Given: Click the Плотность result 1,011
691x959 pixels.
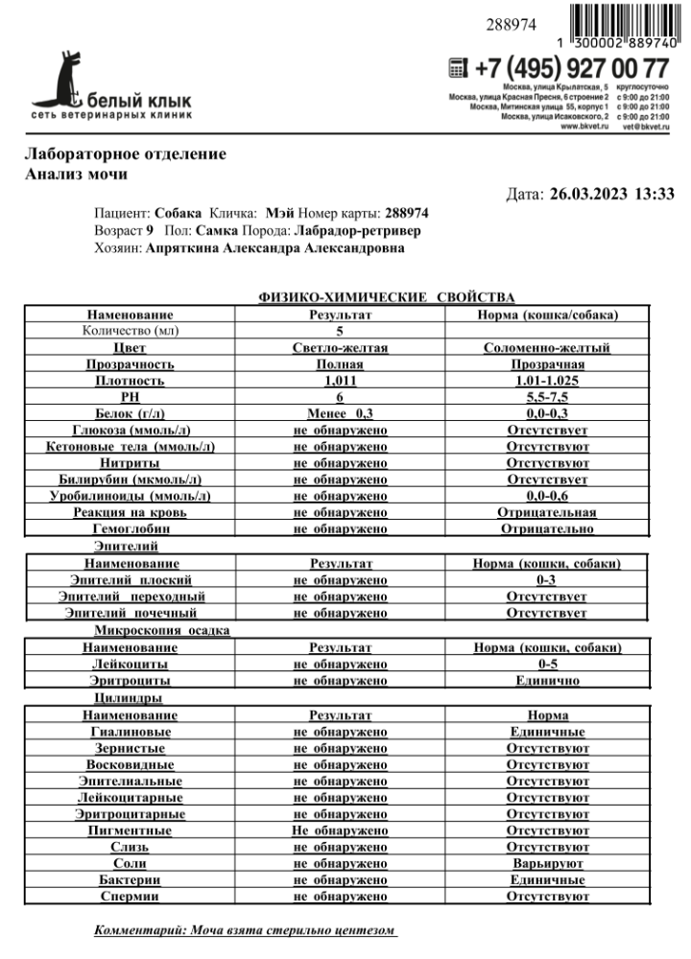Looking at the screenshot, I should pyautogui.click(x=341, y=381).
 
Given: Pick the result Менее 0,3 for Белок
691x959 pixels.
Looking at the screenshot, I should pyautogui.click(x=341, y=413).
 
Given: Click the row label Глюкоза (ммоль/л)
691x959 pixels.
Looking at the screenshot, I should pyautogui.click(x=130, y=430).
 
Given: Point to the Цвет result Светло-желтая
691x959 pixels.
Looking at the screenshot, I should pyautogui.click(x=341, y=348).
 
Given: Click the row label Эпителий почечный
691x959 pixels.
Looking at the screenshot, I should pyautogui.click(x=130, y=613).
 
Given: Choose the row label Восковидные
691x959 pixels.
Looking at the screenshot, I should pyautogui.click(x=130, y=765).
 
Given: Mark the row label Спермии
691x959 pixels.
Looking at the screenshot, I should pyautogui.click(x=130, y=896).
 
